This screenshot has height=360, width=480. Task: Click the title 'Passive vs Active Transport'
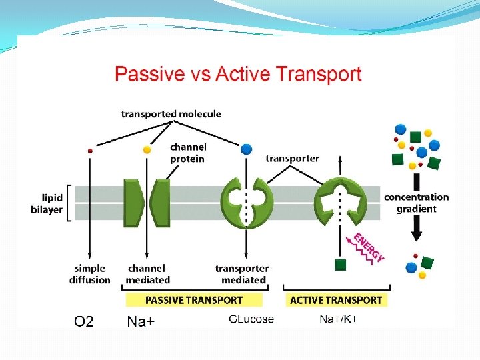click(238, 73)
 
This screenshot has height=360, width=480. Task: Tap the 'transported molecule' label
click(171, 114)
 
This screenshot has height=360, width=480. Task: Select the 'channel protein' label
click(188, 153)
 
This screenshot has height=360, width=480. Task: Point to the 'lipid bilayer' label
click(52, 203)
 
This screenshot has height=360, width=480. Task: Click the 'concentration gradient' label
click(417, 203)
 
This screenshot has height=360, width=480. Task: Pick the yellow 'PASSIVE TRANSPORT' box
click(194, 300)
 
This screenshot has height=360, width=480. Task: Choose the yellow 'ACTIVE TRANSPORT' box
click(336, 300)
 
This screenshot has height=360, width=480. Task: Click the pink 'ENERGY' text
click(369, 247)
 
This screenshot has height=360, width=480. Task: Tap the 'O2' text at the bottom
click(83, 322)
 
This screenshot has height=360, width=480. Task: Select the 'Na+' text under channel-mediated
click(141, 322)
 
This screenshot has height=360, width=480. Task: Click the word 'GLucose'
click(251, 319)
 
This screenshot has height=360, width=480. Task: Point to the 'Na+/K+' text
click(338, 319)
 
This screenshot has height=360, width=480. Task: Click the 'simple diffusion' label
click(89, 274)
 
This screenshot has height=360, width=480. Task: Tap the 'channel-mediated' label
click(148, 274)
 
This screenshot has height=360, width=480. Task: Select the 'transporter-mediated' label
click(243, 274)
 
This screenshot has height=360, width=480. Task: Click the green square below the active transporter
click(340, 265)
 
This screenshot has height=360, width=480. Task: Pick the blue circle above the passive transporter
click(247, 149)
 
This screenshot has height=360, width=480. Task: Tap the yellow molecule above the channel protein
click(147, 149)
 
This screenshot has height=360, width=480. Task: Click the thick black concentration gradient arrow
click(416, 207)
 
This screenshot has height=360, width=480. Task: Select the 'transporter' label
click(292, 158)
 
